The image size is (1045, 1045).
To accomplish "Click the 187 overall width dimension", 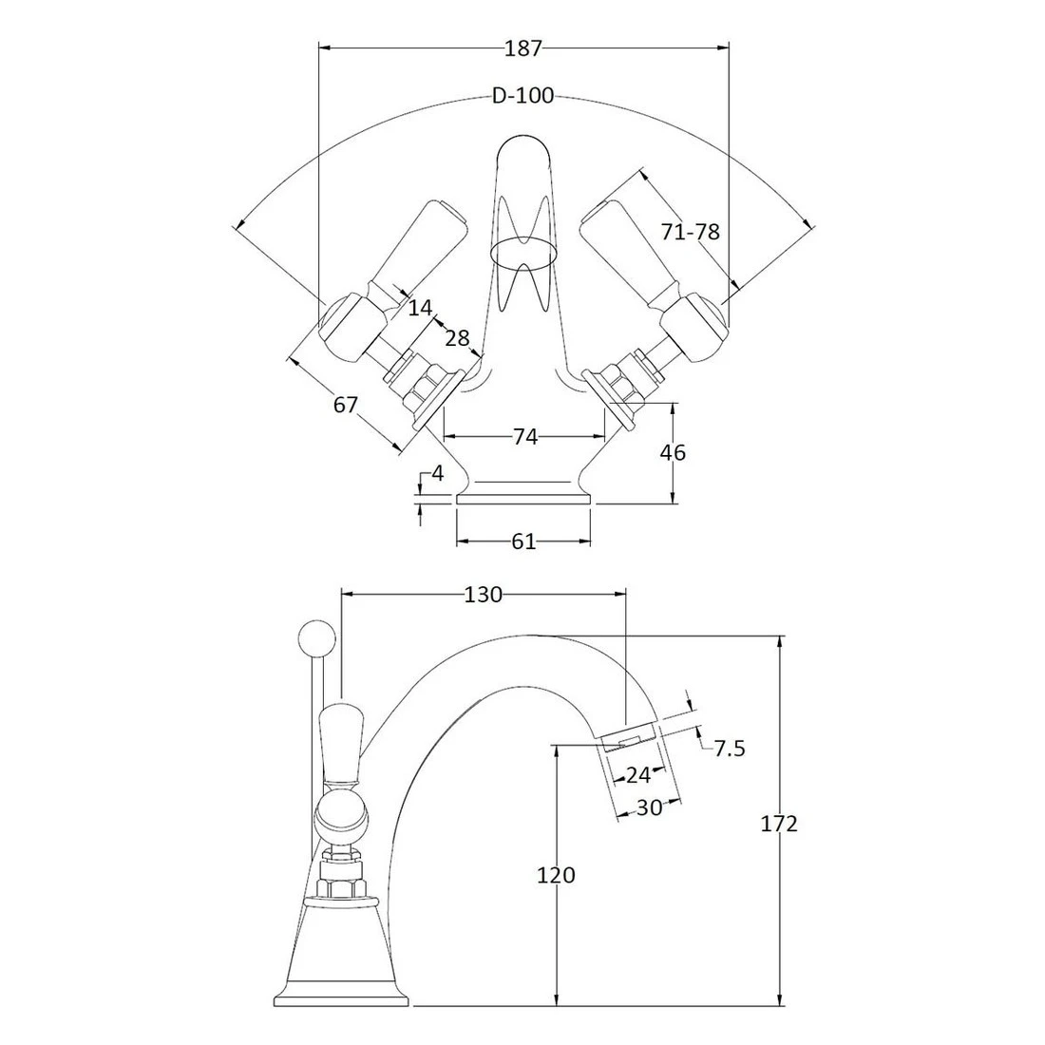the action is pos(523,48).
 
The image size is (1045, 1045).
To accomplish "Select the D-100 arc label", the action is pos(523,96).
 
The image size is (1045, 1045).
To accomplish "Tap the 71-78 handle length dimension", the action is pos(691,232).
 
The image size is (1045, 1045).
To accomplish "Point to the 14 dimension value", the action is pos(420,308).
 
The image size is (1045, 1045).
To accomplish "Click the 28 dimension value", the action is pos(457,338).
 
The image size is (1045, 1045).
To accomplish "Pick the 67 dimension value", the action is pos(345,405).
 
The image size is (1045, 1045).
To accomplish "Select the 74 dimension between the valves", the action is pos(525,437).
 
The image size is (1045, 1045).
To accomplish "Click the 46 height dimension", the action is pos(673,452).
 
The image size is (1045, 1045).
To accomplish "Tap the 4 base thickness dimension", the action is pos(438,473).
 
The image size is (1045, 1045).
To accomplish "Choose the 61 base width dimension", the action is pos(523,541).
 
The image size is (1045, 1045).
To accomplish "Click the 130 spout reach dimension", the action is pos(484,595).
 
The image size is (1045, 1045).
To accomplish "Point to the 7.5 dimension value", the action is pos(730,749).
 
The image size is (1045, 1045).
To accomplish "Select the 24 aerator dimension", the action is pos(637,775).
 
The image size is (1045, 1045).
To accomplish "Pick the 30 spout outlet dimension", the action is pos(649,807).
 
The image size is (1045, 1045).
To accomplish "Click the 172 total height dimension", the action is pos(779,825).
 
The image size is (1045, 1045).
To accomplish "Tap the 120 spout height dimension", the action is pos(556,875).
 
